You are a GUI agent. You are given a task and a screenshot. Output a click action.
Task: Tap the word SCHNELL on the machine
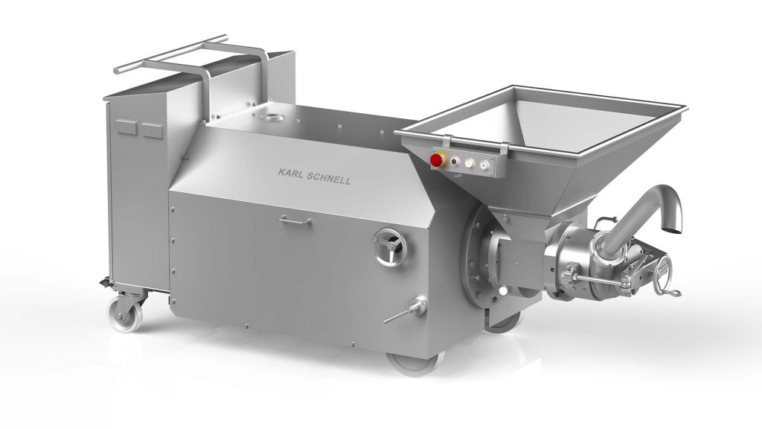coord(328,178)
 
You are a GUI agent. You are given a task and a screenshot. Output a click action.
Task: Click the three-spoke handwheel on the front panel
coord(388,247)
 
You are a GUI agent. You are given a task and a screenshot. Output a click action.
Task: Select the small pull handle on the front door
coord(295,220)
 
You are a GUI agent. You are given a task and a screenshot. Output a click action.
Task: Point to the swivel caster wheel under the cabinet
coord(125,314)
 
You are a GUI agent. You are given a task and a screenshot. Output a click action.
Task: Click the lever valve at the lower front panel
coord(406,311)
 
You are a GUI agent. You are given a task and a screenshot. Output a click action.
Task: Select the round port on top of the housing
coord(269,116)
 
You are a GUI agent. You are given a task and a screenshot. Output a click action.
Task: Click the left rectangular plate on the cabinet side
coord(125,127)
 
